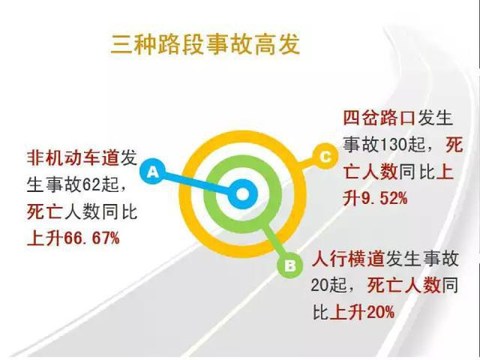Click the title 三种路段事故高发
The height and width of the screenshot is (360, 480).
click(205, 45)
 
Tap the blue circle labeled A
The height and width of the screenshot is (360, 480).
click(153, 171)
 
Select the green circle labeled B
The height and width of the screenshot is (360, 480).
click(290, 265)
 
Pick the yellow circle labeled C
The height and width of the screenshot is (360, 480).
click(325, 156)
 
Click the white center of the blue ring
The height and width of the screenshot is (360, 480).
click(242, 194)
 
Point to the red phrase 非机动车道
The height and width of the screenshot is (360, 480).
click(73, 158)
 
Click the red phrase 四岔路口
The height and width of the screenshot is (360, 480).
click(379, 118)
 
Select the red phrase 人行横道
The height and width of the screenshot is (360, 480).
click(348, 258)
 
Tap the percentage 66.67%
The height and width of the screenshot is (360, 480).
click(91, 238)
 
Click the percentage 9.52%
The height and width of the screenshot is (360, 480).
click(384, 198)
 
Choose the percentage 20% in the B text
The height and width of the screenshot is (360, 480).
click(380, 312)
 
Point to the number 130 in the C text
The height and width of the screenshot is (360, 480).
click(393, 145)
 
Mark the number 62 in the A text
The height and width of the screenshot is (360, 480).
click(91, 185)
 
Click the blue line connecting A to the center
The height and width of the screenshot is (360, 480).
click(196, 183)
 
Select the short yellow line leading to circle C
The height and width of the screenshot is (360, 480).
click(306, 164)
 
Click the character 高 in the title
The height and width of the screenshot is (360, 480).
click(265, 45)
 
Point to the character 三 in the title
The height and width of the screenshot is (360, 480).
click(121, 45)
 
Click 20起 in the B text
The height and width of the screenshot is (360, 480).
click(329, 286)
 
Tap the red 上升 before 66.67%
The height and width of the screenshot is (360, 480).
click(45, 238)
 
